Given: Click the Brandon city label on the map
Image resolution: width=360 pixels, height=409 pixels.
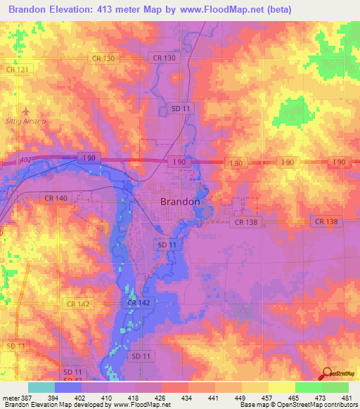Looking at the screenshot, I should click(181, 202).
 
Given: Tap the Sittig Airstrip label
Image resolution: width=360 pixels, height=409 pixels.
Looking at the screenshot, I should click(26, 122).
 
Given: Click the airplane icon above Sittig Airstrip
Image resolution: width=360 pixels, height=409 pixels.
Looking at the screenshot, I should click(26, 111).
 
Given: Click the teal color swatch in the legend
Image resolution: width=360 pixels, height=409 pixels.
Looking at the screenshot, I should click(41, 387).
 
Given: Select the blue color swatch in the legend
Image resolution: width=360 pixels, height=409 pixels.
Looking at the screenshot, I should click(68, 387).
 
